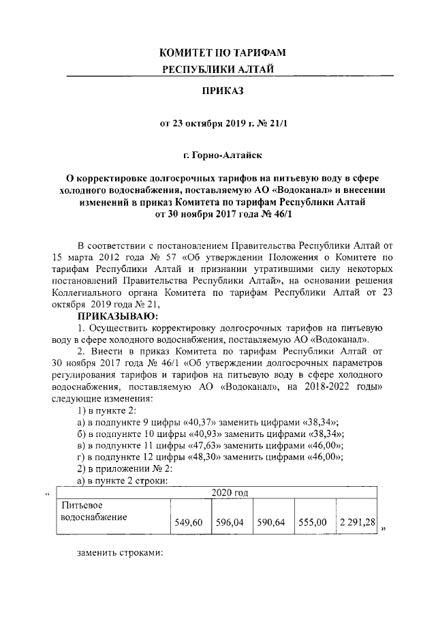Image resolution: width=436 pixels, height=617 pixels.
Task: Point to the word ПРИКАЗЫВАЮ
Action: (x=117, y=316)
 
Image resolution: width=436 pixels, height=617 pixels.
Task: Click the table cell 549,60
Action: (x=190, y=524)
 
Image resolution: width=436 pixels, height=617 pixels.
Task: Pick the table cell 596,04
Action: (x=231, y=524)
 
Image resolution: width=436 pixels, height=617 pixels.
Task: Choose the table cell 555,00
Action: (x=313, y=524)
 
